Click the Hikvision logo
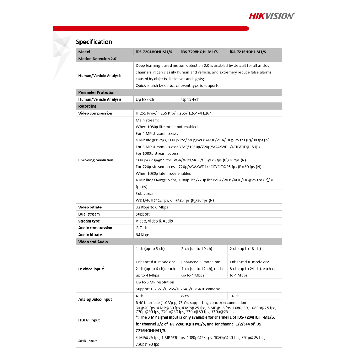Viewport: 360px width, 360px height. pyautogui.click(x=272, y=16)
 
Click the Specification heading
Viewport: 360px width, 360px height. pyautogui.click(x=94, y=42)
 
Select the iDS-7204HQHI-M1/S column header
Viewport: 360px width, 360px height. pyautogui.click(x=154, y=52)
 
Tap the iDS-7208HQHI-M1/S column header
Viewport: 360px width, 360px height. pyautogui.click(x=199, y=52)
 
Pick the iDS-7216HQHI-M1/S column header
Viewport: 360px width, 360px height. pyautogui.click(x=248, y=52)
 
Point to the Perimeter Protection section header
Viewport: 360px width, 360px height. pyautogui.click(x=97, y=92)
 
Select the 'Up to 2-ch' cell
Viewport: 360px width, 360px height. pyautogui.click(x=145, y=99)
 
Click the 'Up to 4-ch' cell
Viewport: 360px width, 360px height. pyautogui.click(x=190, y=99)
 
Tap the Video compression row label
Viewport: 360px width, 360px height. pyautogui.click(x=95, y=113)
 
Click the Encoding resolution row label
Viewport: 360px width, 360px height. pyautogui.click(x=96, y=160)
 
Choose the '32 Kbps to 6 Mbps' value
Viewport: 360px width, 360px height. pyautogui.click(x=152, y=207)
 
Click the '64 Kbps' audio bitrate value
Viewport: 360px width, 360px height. pyautogui.click(x=143, y=235)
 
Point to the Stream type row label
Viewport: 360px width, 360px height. pyautogui.click(x=89, y=221)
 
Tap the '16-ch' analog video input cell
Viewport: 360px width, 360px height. pyautogui.click(x=234, y=296)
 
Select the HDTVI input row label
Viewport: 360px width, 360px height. pyautogui.click(x=89, y=320)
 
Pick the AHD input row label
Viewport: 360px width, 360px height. pyautogui.click(x=88, y=341)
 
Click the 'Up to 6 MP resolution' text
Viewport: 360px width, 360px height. pyautogui.click(x=155, y=282)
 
